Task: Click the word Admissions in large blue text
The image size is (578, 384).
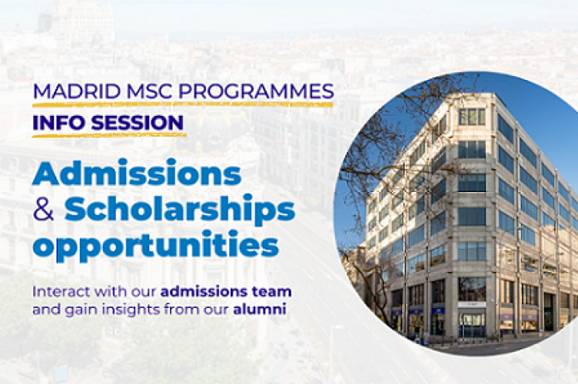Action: click(x=136, y=174)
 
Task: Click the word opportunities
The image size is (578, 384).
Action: click(x=154, y=246)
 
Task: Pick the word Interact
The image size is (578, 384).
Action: click(x=58, y=292)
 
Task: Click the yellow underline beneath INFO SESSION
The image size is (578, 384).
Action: click(x=108, y=136)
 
